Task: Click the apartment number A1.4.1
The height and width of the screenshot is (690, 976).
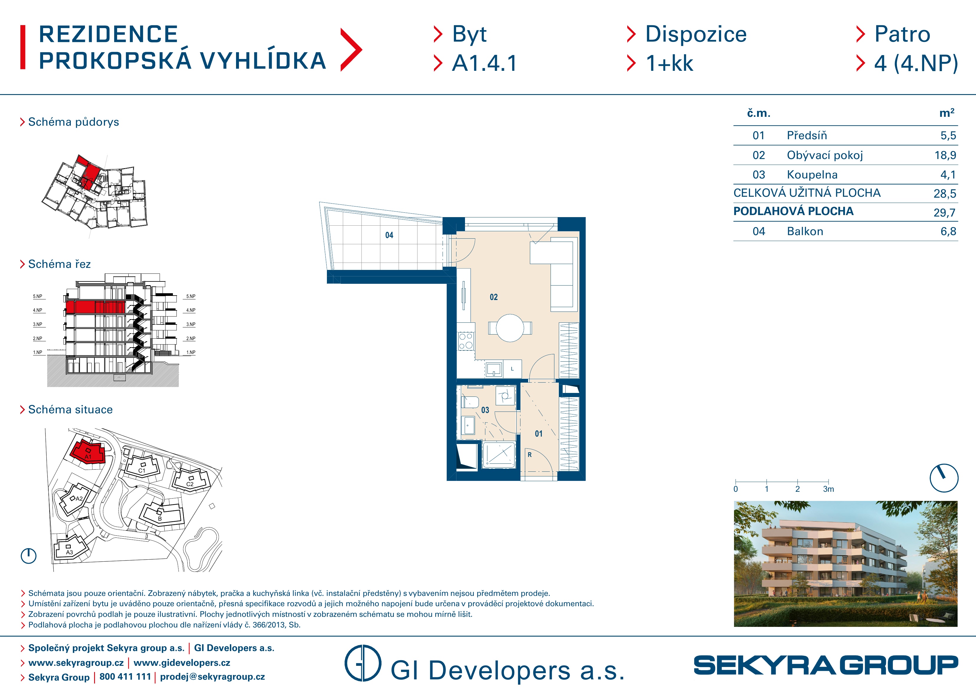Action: [x=484, y=63]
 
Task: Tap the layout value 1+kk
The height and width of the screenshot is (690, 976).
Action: [x=669, y=63]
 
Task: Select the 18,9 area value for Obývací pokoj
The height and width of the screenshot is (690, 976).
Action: [x=945, y=155]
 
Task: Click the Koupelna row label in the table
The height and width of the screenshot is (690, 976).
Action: [x=812, y=175]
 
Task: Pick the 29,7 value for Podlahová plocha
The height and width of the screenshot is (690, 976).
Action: [x=944, y=213]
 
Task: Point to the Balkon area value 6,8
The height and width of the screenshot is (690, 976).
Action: [x=948, y=231]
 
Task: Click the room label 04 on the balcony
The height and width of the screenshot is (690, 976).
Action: [x=389, y=235]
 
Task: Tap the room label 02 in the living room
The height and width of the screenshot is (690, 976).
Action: [x=494, y=297]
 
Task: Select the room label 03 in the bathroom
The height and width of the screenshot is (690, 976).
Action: [x=485, y=410]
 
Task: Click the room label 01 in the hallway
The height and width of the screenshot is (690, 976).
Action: [x=538, y=434]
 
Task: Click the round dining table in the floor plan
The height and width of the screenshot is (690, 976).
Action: [x=510, y=328]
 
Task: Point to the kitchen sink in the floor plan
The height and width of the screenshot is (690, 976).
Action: [x=494, y=369]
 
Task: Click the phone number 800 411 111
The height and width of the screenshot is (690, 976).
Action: [x=125, y=676]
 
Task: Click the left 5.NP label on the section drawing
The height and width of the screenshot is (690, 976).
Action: [x=38, y=296]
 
